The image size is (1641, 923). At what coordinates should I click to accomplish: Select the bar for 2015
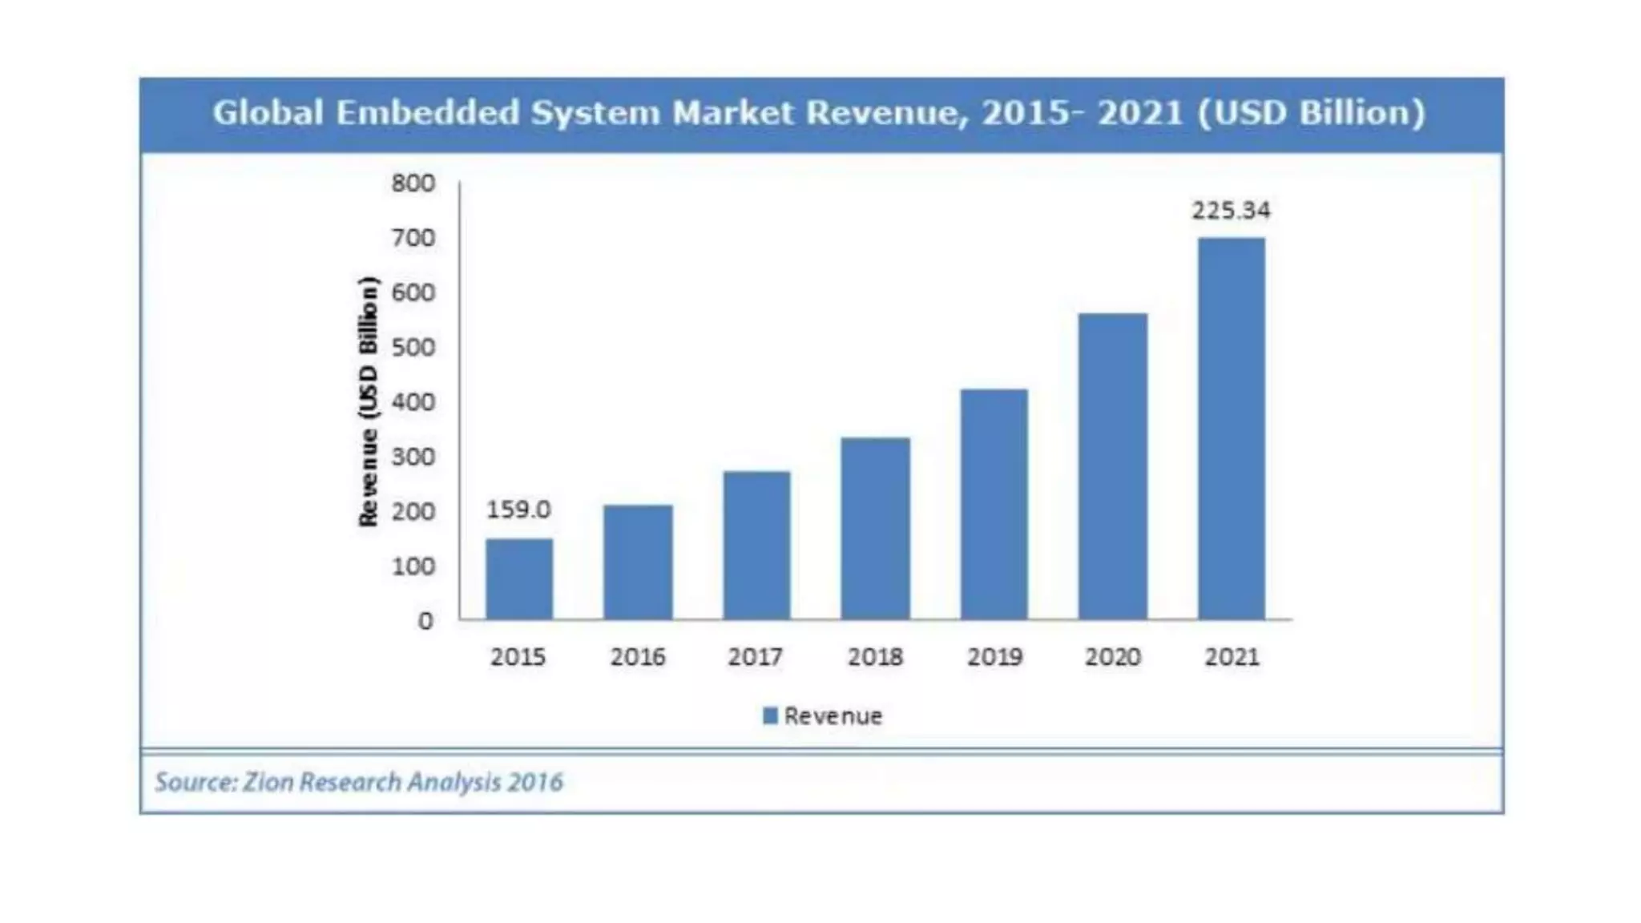click(x=519, y=578)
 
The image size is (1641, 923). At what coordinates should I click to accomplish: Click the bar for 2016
click(x=638, y=562)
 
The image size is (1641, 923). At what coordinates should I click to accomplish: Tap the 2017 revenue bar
click(x=756, y=545)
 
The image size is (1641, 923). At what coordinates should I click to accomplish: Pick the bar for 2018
click(x=875, y=528)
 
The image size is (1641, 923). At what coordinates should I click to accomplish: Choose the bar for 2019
click(x=994, y=504)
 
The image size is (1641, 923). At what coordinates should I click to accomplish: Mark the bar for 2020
click(x=1113, y=466)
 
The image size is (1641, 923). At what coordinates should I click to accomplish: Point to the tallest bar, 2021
click(x=1232, y=428)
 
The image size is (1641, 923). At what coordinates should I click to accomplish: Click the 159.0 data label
click(x=518, y=510)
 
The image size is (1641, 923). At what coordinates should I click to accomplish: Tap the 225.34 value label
click(x=1231, y=211)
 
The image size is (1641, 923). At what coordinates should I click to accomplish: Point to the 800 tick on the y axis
click(x=413, y=183)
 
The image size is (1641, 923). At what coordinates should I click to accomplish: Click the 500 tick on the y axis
click(x=413, y=348)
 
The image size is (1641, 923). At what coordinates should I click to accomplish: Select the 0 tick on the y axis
click(x=425, y=621)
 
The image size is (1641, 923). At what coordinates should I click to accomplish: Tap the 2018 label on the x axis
click(x=875, y=657)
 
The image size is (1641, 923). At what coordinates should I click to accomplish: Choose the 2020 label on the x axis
click(x=1113, y=657)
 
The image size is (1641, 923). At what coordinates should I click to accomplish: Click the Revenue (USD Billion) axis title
click(x=368, y=401)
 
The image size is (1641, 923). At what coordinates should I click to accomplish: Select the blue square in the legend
click(x=770, y=715)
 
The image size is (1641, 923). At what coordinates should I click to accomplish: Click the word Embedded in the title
click(x=428, y=113)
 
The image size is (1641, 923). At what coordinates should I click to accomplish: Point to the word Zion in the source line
click(x=268, y=782)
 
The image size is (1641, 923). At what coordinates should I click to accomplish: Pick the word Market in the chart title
click(x=733, y=113)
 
